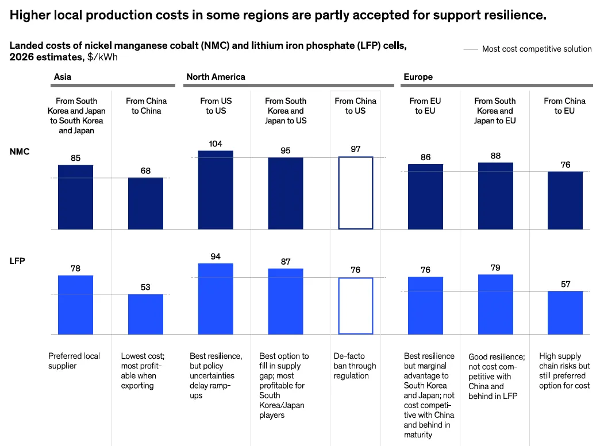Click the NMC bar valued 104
click(x=216, y=190)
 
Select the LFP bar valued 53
click(x=145, y=314)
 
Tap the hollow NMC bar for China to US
click(x=355, y=193)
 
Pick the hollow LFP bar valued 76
click(x=355, y=305)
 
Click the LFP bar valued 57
click(x=565, y=312)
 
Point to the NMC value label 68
click(x=145, y=170)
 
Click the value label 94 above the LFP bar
click(x=216, y=256)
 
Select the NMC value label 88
click(x=495, y=156)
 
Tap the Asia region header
click(x=63, y=76)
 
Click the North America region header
click(x=216, y=76)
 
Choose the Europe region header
click(x=418, y=76)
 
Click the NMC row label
click(x=19, y=152)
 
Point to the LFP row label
click(x=18, y=261)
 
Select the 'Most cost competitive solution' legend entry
click(x=536, y=49)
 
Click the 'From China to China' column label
click(x=146, y=106)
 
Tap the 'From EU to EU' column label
click(x=425, y=106)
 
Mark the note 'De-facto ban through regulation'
click(x=355, y=366)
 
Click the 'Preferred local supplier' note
click(x=74, y=361)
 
